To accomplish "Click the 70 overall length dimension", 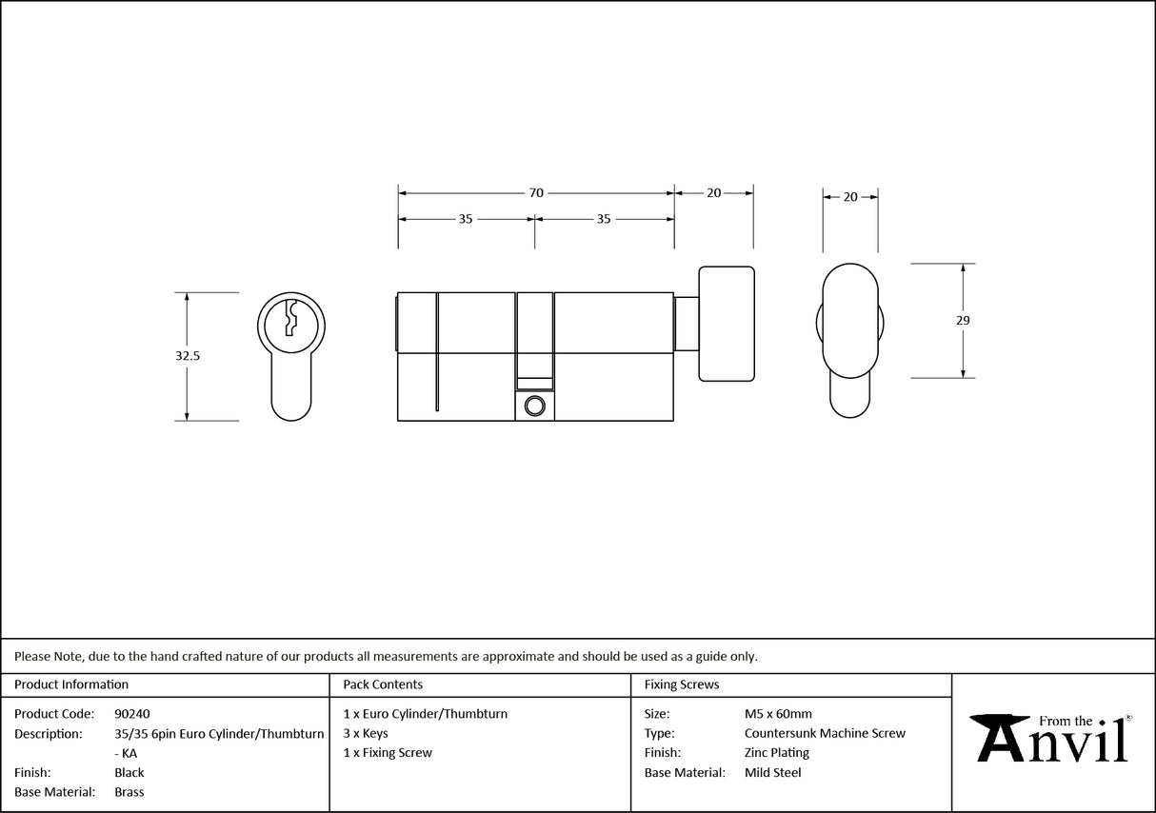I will tap(536, 193).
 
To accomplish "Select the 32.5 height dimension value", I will tap(187, 355).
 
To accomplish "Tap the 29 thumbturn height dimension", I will tap(963, 321).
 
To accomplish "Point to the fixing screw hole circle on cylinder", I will tap(534, 406).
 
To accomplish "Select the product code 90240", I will tap(131, 714).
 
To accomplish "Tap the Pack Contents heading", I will tap(383, 684).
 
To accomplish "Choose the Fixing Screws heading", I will tap(682, 684).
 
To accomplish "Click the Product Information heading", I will tap(71, 684).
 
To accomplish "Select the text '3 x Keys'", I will tap(366, 734).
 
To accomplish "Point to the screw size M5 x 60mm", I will tap(778, 714).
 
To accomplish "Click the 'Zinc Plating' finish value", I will tap(777, 753).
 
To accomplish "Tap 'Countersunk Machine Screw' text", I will tap(825, 734).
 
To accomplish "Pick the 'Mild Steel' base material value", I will tap(772, 773).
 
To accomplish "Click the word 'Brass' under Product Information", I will tap(130, 792).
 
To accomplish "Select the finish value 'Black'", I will tap(130, 773).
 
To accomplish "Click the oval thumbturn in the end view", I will tap(849, 321).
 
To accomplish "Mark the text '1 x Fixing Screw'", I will tap(388, 753).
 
